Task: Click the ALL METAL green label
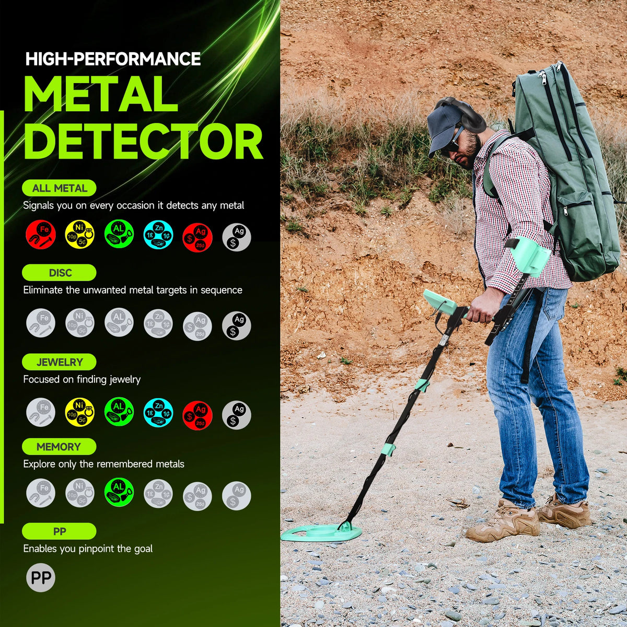(59, 188)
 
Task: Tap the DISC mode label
(59, 273)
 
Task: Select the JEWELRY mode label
(59, 362)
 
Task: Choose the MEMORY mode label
(59, 447)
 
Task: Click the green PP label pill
(59, 531)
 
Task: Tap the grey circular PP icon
(41, 578)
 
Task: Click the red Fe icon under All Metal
(41, 235)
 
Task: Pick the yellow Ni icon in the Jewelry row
(80, 412)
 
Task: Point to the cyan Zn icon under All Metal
(158, 235)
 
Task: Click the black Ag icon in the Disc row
(237, 326)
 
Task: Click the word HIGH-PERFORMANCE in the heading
(113, 59)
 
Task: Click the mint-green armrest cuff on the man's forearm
(529, 256)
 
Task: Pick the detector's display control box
(440, 302)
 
